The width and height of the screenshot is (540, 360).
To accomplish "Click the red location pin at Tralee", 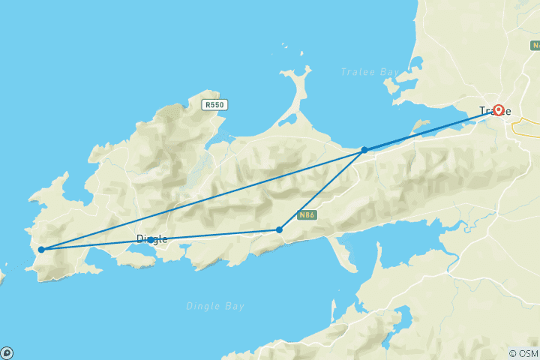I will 497,111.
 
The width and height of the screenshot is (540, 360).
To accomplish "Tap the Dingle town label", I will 151,239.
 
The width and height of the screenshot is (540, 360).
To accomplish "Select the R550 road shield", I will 214,106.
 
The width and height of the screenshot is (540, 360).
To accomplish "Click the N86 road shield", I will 304,215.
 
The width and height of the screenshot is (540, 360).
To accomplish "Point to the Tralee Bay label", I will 366,72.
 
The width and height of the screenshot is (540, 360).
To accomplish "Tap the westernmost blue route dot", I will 41,250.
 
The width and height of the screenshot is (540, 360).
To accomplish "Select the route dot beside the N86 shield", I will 279,229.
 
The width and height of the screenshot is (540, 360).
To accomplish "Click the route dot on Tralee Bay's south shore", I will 364,150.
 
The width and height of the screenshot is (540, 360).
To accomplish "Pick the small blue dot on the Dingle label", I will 151,239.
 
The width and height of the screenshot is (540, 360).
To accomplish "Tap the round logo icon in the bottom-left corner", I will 7,353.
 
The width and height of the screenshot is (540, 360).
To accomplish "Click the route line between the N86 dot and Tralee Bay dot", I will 322,190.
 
